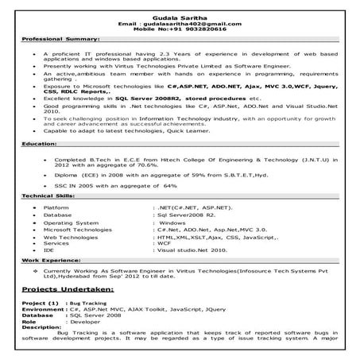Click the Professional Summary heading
(60, 38)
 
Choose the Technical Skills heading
(48, 195)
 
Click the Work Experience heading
(51, 260)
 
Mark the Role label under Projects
(30, 320)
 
